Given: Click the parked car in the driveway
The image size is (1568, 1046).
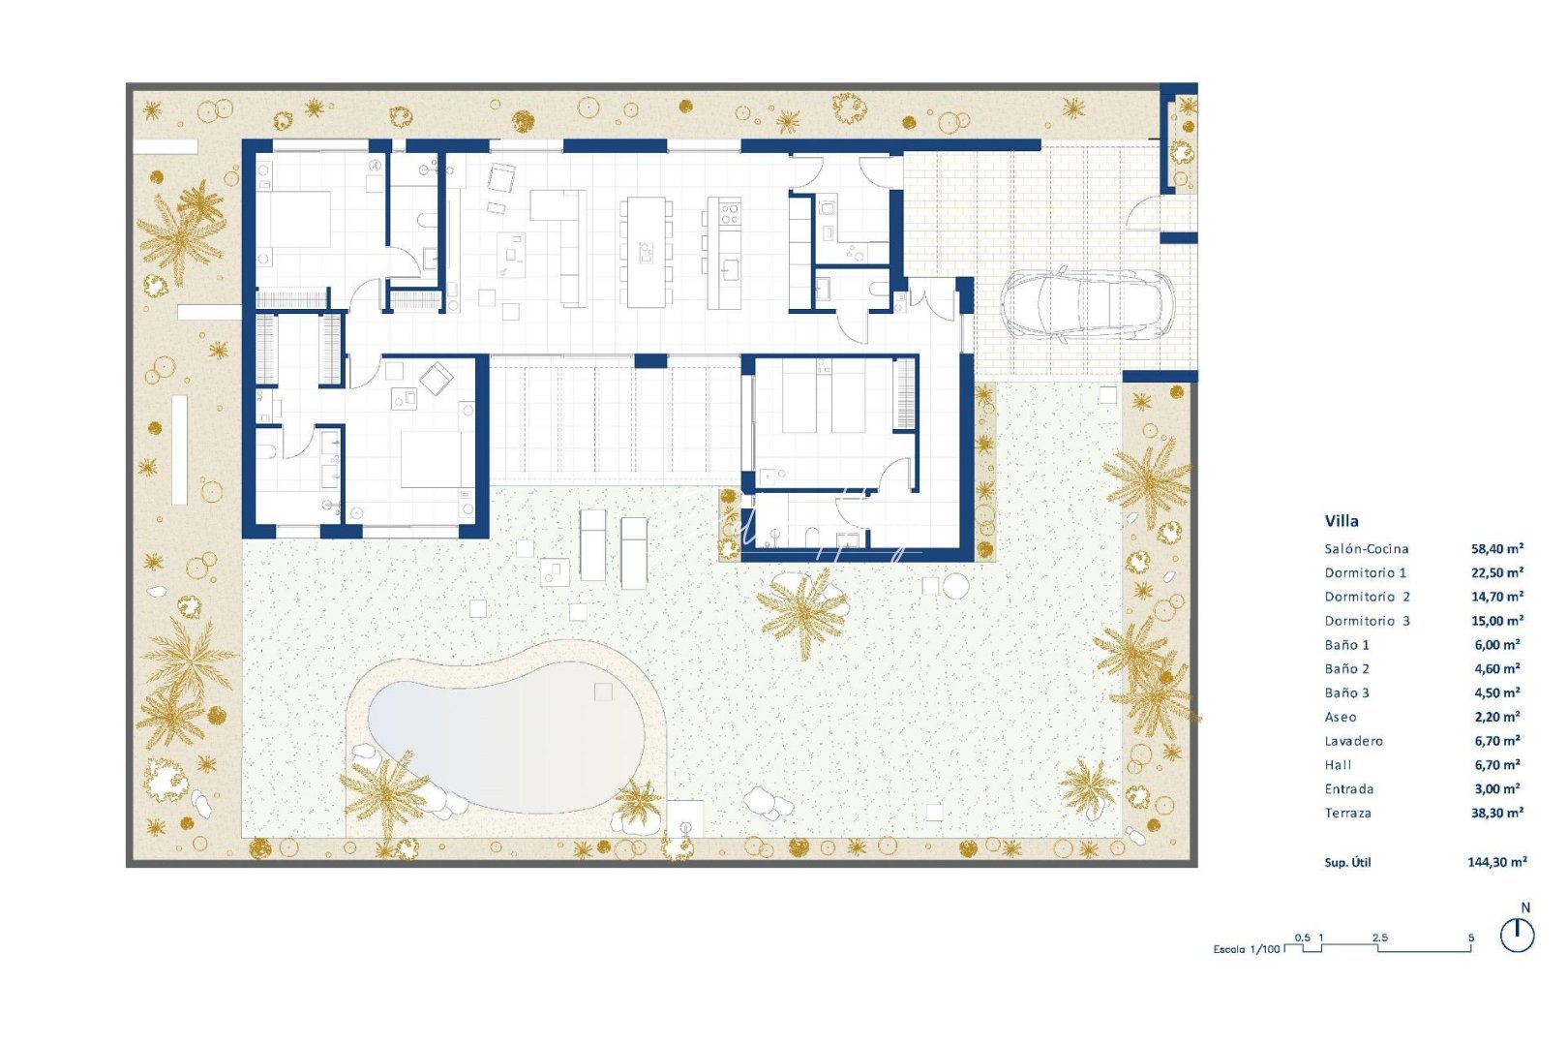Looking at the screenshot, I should [x=1085, y=303].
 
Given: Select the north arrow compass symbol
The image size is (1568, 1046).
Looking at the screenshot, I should [x=1517, y=934].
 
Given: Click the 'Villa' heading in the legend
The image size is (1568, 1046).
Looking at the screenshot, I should [x=1342, y=521].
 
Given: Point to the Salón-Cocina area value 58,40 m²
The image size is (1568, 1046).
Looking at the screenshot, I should [x=1497, y=549].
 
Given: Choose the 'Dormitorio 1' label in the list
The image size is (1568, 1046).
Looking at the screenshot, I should [x=1366, y=573].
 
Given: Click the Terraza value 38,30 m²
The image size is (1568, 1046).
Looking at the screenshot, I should [x=1497, y=814].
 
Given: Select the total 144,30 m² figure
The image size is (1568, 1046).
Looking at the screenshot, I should [x=1497, y=862].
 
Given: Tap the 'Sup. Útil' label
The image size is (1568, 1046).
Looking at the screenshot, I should [x=1347, y=863].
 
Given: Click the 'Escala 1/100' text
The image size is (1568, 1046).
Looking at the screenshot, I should [x=1246, y=949].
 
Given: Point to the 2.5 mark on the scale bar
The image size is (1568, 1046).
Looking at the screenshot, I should [x=1379, y=938].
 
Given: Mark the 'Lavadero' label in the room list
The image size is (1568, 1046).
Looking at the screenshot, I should [x=1354, y=741].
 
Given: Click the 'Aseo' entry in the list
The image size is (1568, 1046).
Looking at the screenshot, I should [x=1341, y=718].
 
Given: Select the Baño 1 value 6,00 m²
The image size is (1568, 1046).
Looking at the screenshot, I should [x=1497, y=645].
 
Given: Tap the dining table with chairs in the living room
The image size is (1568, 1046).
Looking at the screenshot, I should [x=646, y=252].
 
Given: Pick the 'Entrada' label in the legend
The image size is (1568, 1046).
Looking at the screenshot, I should [x=1349, y=789].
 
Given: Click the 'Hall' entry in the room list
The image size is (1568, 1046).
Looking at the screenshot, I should [x=1338, y=765].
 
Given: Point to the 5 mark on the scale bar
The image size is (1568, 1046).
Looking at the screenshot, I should [x=1471, y=938].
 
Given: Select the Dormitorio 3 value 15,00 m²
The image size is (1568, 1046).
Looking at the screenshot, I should [x=1497, y=621].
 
